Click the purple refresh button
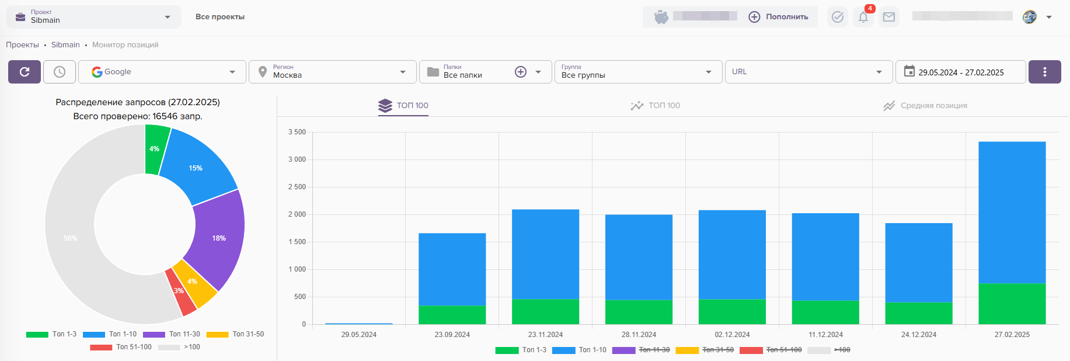click(x=25, y=72)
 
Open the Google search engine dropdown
click(x=162, y=72)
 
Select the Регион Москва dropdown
click(x=333, y=72)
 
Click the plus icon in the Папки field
click(x=521, y=72)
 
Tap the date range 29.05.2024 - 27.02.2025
click(x=960, y=72)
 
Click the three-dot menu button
click(x=1044, y=72)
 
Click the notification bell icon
click(x=863, y=17)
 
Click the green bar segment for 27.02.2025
click(x=1012, y=304)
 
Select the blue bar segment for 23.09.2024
click(x=452, y=269)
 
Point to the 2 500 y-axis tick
click(x=297, y=187)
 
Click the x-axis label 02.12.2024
click(x=732, y=335)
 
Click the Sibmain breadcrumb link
click(x=65, y=45)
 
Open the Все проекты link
click(x=220, y=17)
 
